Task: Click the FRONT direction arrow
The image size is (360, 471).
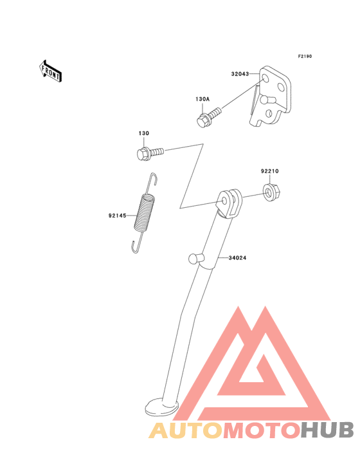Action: click(50, 71)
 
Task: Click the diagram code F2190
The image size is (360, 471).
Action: click(305, 56)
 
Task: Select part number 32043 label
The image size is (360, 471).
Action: click(240, 74)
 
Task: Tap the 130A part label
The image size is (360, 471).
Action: click(203, 99)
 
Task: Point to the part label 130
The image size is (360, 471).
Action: click(144, 133)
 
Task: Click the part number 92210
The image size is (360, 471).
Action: click(270, 171)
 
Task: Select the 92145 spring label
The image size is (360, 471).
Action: click(117, 216)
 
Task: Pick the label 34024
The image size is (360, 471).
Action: click(237, 258)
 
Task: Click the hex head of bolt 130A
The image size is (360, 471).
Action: click(203, 121)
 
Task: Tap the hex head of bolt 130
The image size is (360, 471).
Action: click(143, 154)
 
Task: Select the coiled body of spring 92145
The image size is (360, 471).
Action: click(145, 213)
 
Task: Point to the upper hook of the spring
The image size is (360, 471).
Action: click(154, 180)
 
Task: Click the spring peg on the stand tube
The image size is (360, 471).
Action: click(194, 258)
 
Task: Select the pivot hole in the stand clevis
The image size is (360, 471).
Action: click(224, 200)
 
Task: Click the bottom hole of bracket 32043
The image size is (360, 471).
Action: click(269, 113)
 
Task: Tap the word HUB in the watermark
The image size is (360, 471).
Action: click(327, 430)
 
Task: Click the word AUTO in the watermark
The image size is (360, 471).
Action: click(186, 430)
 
